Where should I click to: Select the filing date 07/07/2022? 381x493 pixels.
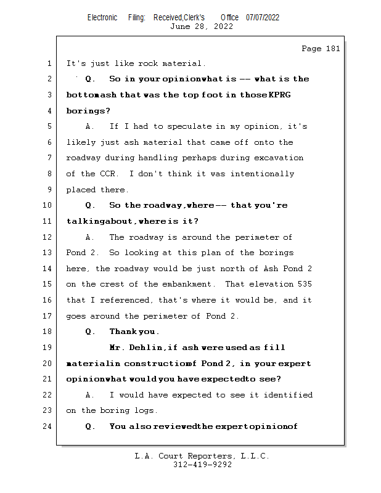tap(263, 17)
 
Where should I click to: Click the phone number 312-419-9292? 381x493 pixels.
tap(202, 465)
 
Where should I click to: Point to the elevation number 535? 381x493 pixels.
tap(303, 284)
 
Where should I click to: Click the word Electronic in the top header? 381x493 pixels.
tap(102, 17)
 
